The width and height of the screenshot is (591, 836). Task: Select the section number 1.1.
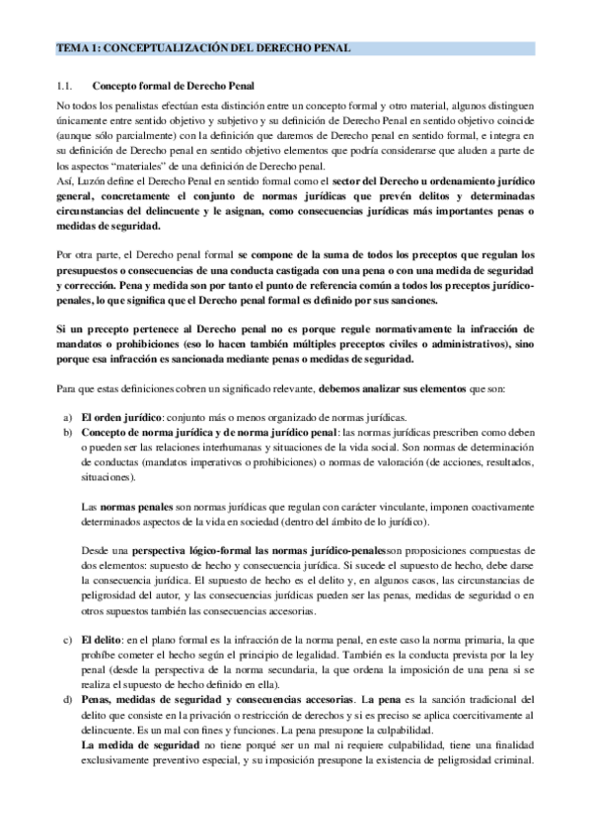65,86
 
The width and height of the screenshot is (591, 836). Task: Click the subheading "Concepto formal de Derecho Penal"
171,86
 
